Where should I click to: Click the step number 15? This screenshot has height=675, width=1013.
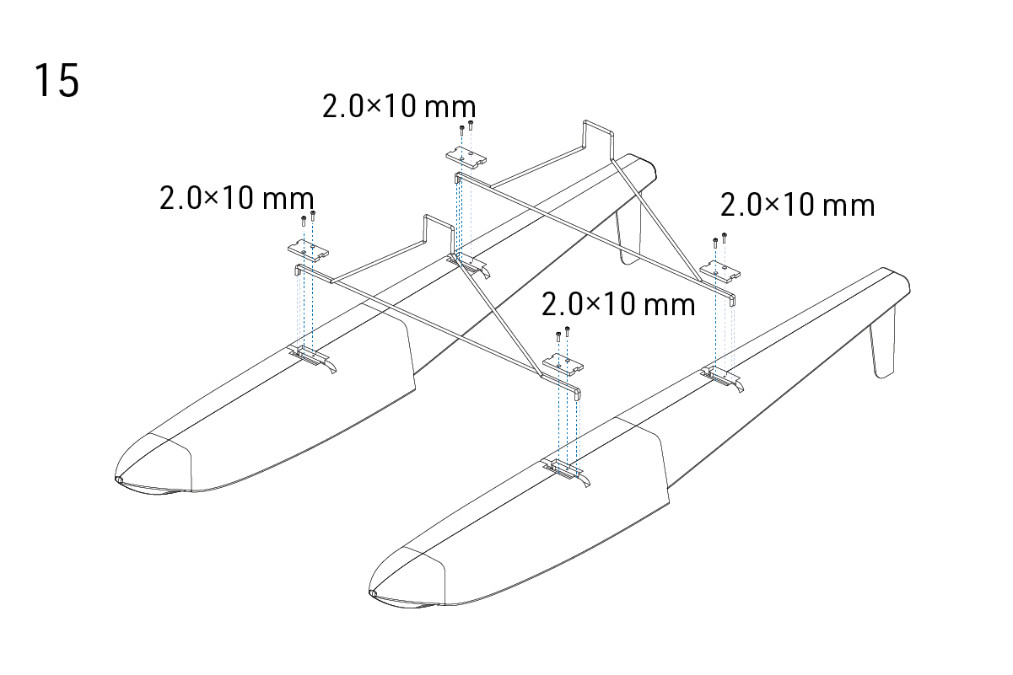coord(57,80)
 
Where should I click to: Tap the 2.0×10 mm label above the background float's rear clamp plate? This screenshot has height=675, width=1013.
coord(399,107)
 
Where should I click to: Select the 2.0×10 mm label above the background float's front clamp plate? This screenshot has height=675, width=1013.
coord(236,198)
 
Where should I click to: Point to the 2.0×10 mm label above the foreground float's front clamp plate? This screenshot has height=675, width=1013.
coord(618,304)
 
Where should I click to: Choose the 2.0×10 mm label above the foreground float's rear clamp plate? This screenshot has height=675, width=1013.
coord(797,205)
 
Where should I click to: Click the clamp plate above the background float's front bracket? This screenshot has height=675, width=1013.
coord(309,251)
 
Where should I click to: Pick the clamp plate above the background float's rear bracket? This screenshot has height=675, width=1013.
coord(466,158)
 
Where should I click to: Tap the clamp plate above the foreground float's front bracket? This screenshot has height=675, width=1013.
coord(563,364)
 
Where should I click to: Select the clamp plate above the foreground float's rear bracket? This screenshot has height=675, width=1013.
coord(720,271)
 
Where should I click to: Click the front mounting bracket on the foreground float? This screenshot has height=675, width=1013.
coord(565,471)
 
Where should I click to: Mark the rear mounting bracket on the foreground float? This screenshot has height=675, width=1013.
coord(722,378)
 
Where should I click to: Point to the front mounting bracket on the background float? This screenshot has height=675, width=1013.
coord(311,357)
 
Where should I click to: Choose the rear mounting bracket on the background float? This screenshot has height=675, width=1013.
coord(468,265)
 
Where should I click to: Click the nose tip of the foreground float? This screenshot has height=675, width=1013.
coord(372,592)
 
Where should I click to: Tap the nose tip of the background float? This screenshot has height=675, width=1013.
coord(119,479)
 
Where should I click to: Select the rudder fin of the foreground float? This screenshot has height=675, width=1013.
coord(882,342)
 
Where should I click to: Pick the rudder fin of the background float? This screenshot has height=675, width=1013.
coord(628,230)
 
